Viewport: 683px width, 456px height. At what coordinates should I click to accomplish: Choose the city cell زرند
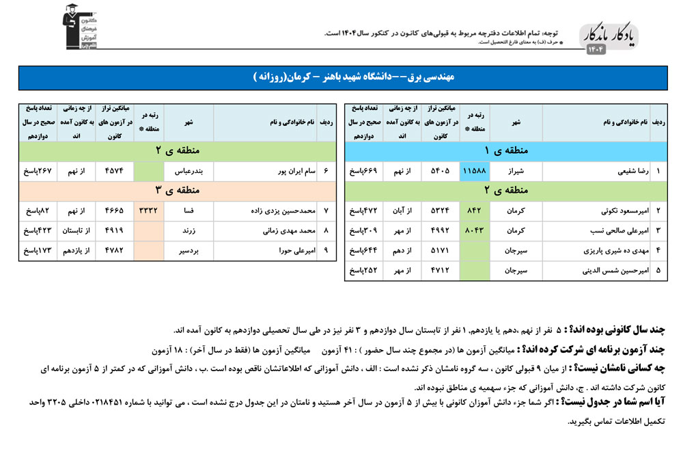click(x=189, y=231)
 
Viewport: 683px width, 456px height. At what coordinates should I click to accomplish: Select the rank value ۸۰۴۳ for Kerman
click(x=474, y=231)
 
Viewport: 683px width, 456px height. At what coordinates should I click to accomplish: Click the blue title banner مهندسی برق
click(x=341, y=78)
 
